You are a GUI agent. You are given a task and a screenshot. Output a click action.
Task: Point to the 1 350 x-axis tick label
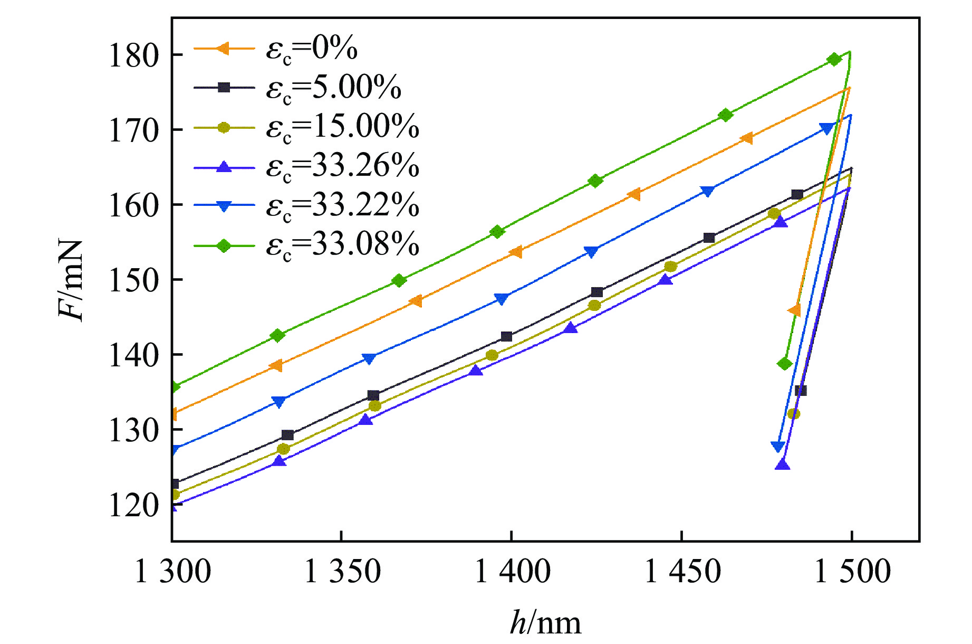342,572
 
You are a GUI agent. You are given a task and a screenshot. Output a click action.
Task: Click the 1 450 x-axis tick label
682,572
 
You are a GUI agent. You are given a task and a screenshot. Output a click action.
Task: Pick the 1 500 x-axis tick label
852,572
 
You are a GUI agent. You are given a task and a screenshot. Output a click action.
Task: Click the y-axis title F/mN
71,280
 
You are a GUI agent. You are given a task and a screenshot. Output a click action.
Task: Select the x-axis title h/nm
545,623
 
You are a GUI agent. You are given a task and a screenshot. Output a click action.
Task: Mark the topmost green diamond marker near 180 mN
834,59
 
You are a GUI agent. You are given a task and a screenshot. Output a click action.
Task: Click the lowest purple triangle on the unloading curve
783,465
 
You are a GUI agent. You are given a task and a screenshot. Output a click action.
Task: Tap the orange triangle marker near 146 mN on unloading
794,310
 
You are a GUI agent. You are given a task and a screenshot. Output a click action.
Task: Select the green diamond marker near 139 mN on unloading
785,364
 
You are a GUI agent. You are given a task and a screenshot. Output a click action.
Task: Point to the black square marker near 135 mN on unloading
801,391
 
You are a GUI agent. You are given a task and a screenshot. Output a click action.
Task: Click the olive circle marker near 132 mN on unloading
793,414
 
